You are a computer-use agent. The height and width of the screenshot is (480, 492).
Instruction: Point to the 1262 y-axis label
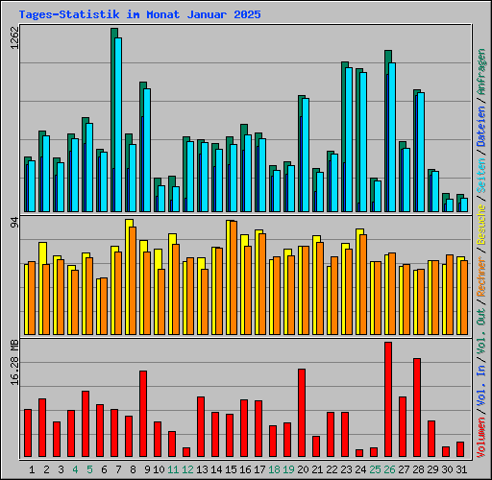(x=13, y=40)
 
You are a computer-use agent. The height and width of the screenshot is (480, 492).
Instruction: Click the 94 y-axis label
(x=13, y=224)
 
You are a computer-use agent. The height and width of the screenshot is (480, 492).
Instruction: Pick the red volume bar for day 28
(x=417, y=407)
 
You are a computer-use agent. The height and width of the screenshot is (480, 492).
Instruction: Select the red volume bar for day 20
(x=302, y=412)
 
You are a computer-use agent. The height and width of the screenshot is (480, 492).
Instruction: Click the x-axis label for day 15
(x=231, y=469)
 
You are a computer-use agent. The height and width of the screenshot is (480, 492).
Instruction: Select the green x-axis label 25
(x=375, y=469)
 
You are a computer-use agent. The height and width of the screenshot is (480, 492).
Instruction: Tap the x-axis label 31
(x=461, y=469)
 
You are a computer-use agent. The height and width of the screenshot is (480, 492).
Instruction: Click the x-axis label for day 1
(x=33, y=469)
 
